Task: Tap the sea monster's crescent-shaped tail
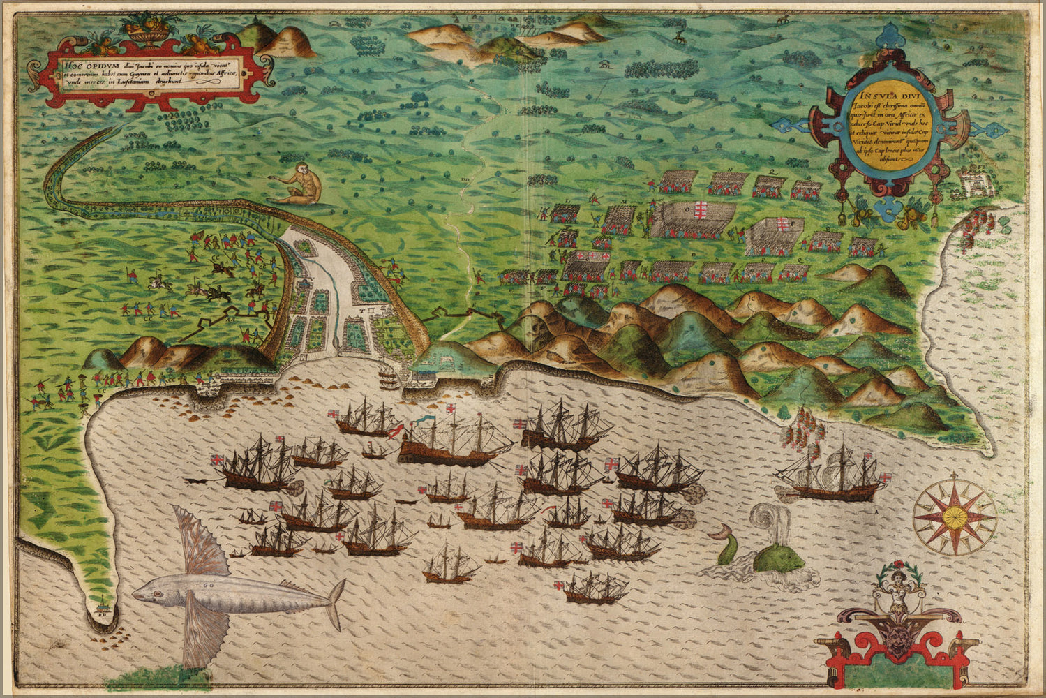click(x=719, y=537)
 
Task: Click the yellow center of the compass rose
click(x=954, y=517)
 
